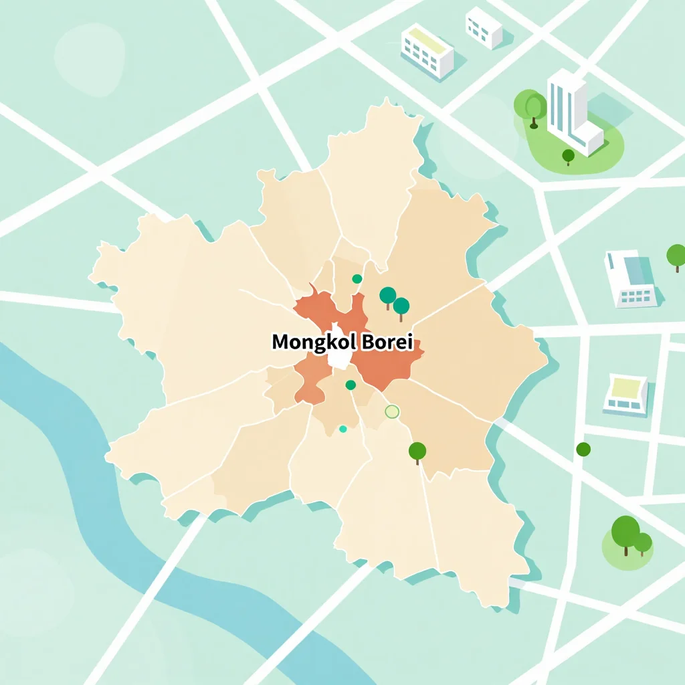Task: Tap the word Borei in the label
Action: point(387,342)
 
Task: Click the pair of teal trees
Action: point(394,300)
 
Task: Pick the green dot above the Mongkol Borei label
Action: point(357,279)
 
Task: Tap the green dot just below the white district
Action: point(351,385)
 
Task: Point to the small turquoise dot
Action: point(343,429)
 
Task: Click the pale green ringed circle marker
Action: point(392,412)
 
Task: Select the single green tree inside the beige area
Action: point(417,452)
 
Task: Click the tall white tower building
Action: point(569,110)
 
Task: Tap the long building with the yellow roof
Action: point(427,48)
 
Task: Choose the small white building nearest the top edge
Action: point(484,27)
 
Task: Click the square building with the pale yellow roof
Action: point(626,394)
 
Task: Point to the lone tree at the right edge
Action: point(676,256)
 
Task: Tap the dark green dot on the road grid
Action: point(583,449)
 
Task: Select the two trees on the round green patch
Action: point(631,536)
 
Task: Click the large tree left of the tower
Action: point(534,107)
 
